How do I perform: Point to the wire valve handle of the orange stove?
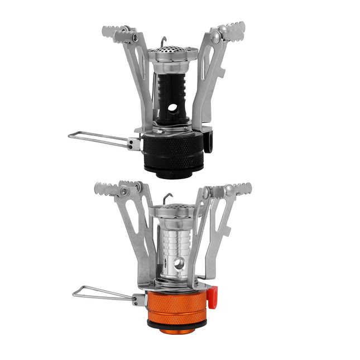coord(100,294)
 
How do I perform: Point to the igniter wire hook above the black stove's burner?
coord(163,41)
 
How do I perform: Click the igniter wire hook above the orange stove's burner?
coord(167,197)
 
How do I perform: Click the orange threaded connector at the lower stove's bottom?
coord(176,330)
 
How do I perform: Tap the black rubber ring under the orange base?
coord(176,323)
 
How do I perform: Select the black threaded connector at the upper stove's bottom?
coord(175,172)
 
